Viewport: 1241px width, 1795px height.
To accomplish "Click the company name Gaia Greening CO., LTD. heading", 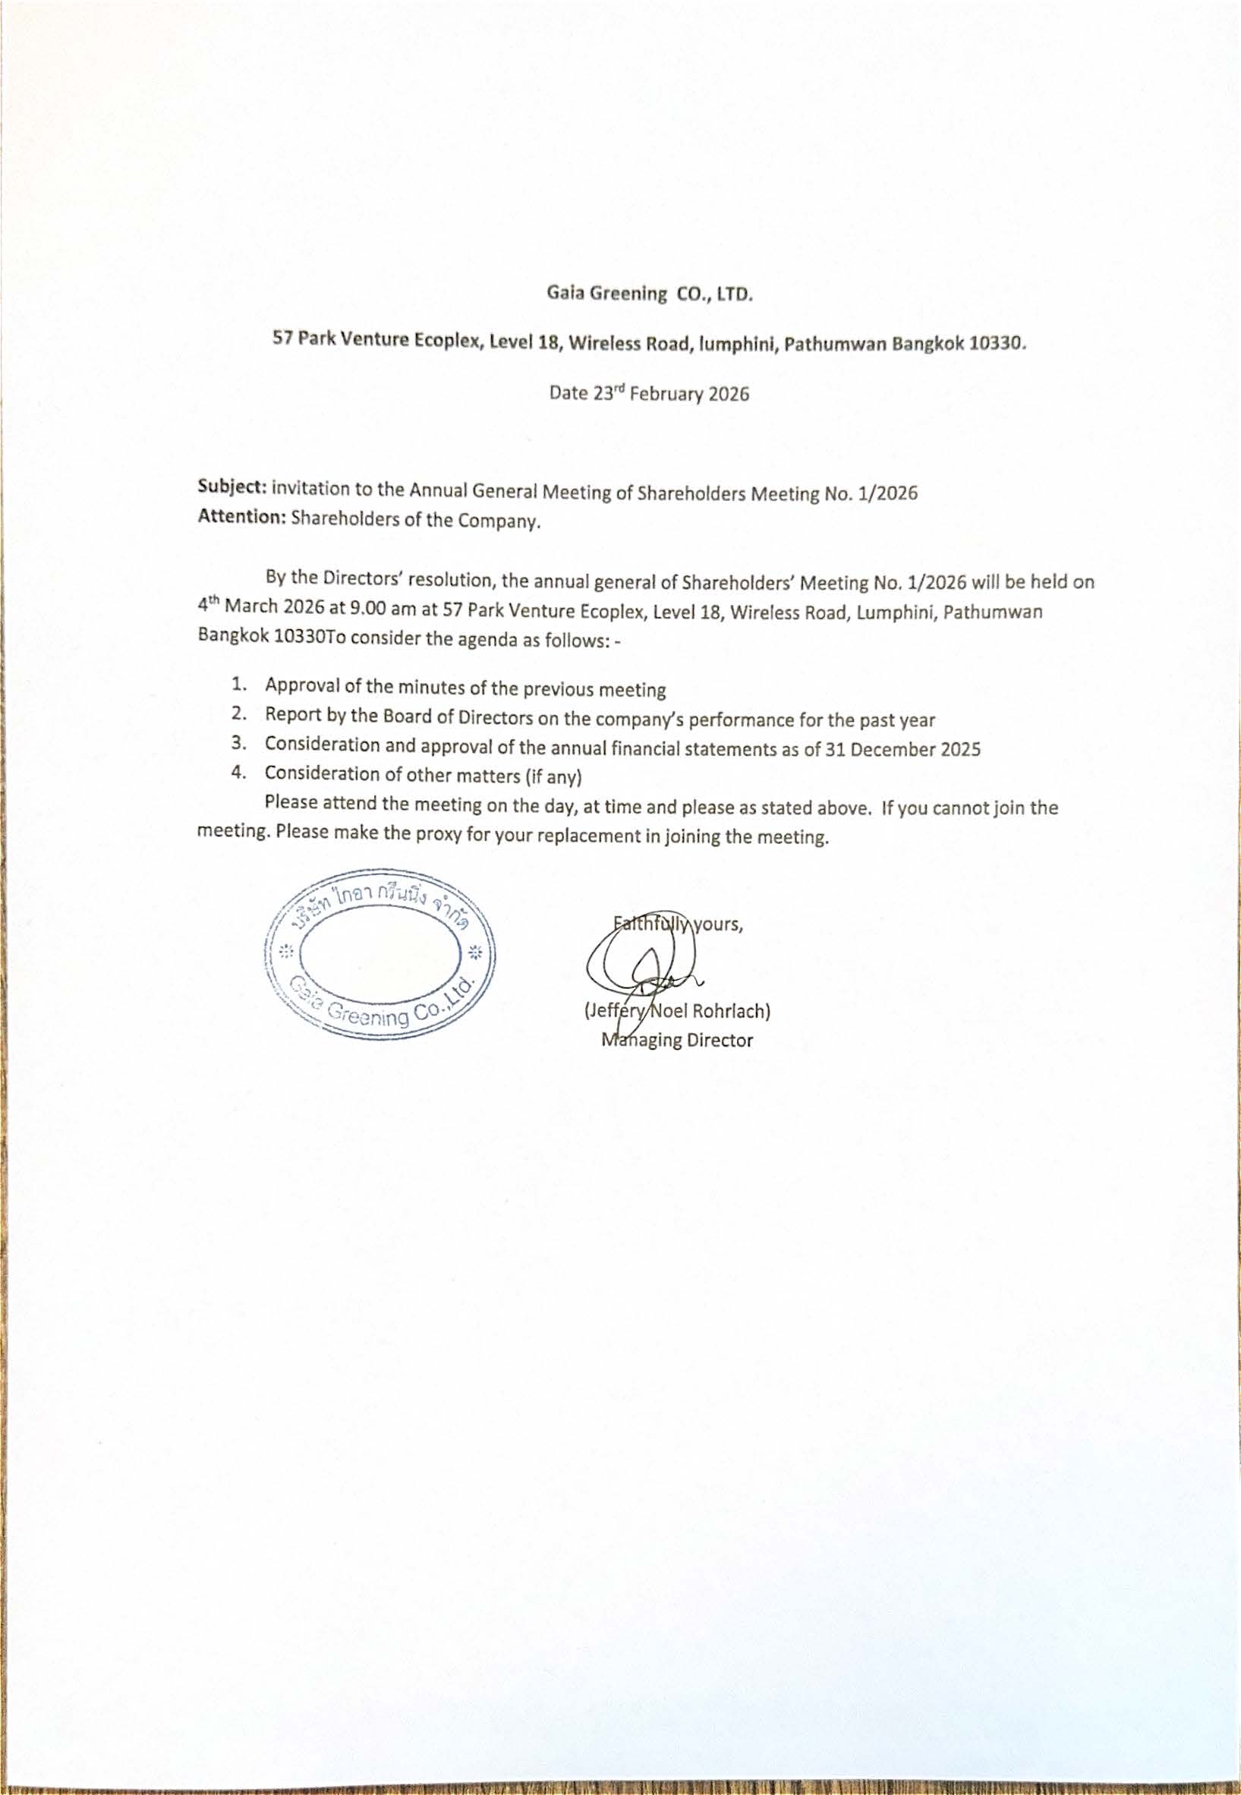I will click(x=648, y=293).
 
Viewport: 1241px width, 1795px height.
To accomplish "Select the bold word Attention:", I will click(x=242, y=517).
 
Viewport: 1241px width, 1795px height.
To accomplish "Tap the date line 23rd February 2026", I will click(x=649, y=392).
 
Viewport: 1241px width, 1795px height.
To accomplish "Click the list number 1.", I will click(x=239, y=684).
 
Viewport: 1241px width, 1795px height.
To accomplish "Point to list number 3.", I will click(x=239, y=743).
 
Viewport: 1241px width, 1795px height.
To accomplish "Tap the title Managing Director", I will click(x=677, y=1040).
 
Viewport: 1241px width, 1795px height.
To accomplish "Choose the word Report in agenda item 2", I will click(x=288, y=714).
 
